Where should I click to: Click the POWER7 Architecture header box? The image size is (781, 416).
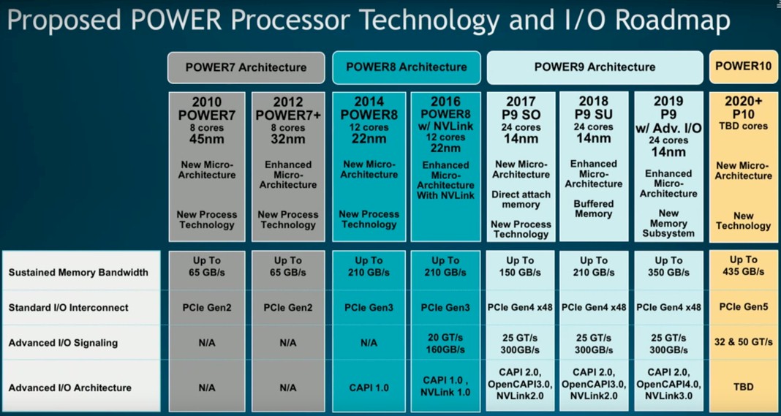click(x=246, y=67)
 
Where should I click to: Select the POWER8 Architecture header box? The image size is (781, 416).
click(x=407, y=67)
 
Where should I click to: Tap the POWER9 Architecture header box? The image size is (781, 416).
click(x=595, y=67)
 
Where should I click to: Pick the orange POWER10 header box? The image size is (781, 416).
click(x=743, y=67)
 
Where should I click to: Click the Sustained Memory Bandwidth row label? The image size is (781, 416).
click(x=78, y=273)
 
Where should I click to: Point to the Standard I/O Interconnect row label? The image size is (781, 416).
click(x=68, y=307)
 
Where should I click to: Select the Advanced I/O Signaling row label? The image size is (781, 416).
click(x=64, y=343)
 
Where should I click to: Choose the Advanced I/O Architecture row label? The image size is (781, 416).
click(x=69, y=387)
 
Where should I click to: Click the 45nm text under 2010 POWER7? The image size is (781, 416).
click(x=207, y=139)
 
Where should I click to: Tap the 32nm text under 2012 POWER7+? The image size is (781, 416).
click(x=288, y=139)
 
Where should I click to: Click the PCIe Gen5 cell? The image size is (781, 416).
click(x=743, y=307)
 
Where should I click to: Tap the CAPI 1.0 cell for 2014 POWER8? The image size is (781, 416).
click(x=369, y=387)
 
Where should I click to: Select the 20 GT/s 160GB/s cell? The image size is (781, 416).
click(x=445, y=343)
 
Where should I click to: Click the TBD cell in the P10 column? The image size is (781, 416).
click(x=743, y=387)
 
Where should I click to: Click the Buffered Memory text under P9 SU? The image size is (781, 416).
click(x=593, y=209)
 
